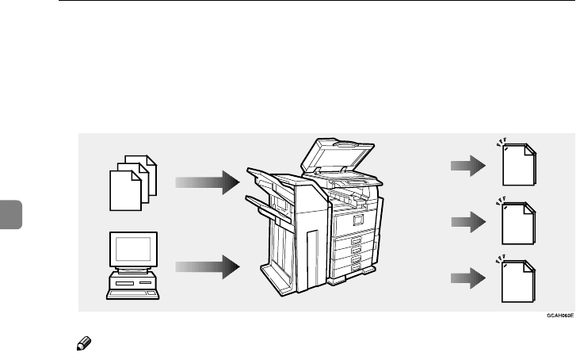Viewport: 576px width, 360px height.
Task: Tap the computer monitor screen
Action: (x=132, y=250)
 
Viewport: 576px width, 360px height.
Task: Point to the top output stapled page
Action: (x=519, y=167)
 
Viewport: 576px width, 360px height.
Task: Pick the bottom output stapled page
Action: (x=519, y=279)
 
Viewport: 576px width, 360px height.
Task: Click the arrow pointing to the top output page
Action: (x=468, y=166)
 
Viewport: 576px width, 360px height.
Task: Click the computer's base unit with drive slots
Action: (x=132, y=284)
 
